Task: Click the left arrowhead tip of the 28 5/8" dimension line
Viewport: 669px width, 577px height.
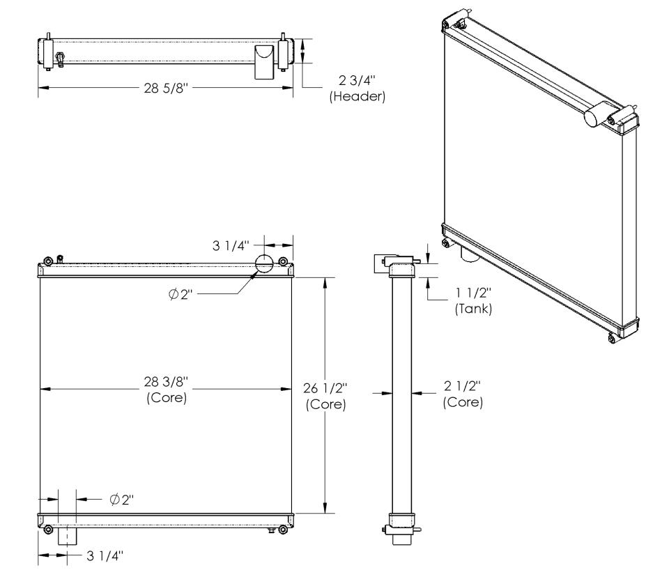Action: pyautogui.click(x=39, y=88)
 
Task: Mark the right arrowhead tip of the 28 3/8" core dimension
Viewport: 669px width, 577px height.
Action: pyautogui.click(x=292, y=390)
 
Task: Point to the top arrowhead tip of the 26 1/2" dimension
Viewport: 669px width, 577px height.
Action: pyautogui.click(x=325, y=278)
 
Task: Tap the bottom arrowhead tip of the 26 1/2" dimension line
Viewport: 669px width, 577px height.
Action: pyautogui.click(x=325, y=513)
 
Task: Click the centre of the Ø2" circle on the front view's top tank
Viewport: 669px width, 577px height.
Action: pyautogui.click(x=264, y=263)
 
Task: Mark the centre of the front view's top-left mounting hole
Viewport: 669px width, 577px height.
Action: pyautogui.click(x=48, y=261)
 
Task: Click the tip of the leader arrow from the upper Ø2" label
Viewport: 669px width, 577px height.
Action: pyautogui.click(x=255, y=272)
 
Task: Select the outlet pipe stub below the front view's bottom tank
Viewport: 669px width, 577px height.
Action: pyautogui.click(x=67, y=536)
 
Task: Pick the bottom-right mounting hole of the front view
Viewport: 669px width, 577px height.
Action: pyautogui.click(x=282, y=530)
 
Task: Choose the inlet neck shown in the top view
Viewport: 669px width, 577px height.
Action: pyautogui.click(x=264, y=62)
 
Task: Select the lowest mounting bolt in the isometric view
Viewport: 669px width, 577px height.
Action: pyautogui.click(x=611, y=339)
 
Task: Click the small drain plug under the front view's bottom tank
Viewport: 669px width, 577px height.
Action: pyautogui.click(x=270, y=530)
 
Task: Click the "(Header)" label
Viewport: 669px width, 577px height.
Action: pyautogui.click(x=357, y=96)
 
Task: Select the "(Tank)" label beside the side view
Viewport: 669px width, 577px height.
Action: pyautogui.click(x=474, y=309)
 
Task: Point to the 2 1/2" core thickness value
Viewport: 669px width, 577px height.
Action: pyautogui.click(x=463, y=386)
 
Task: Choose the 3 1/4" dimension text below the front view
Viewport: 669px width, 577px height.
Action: pyautogui.click(x=105, y=555)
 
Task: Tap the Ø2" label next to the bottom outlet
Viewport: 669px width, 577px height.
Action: pyautogui.click(x=121, y=499)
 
